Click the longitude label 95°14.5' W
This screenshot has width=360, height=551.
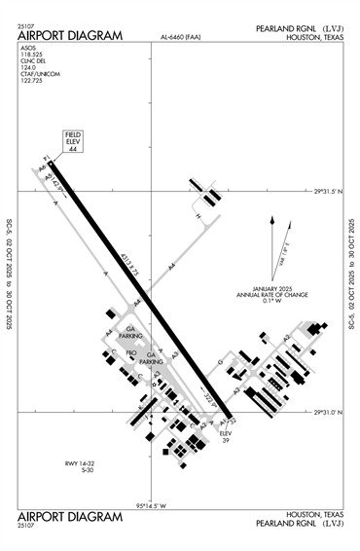[152, 505]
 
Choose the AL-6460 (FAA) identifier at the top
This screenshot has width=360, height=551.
[182, 38]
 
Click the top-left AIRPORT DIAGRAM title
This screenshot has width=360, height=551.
[70, 36]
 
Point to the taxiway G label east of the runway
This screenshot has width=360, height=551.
[221, 362]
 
